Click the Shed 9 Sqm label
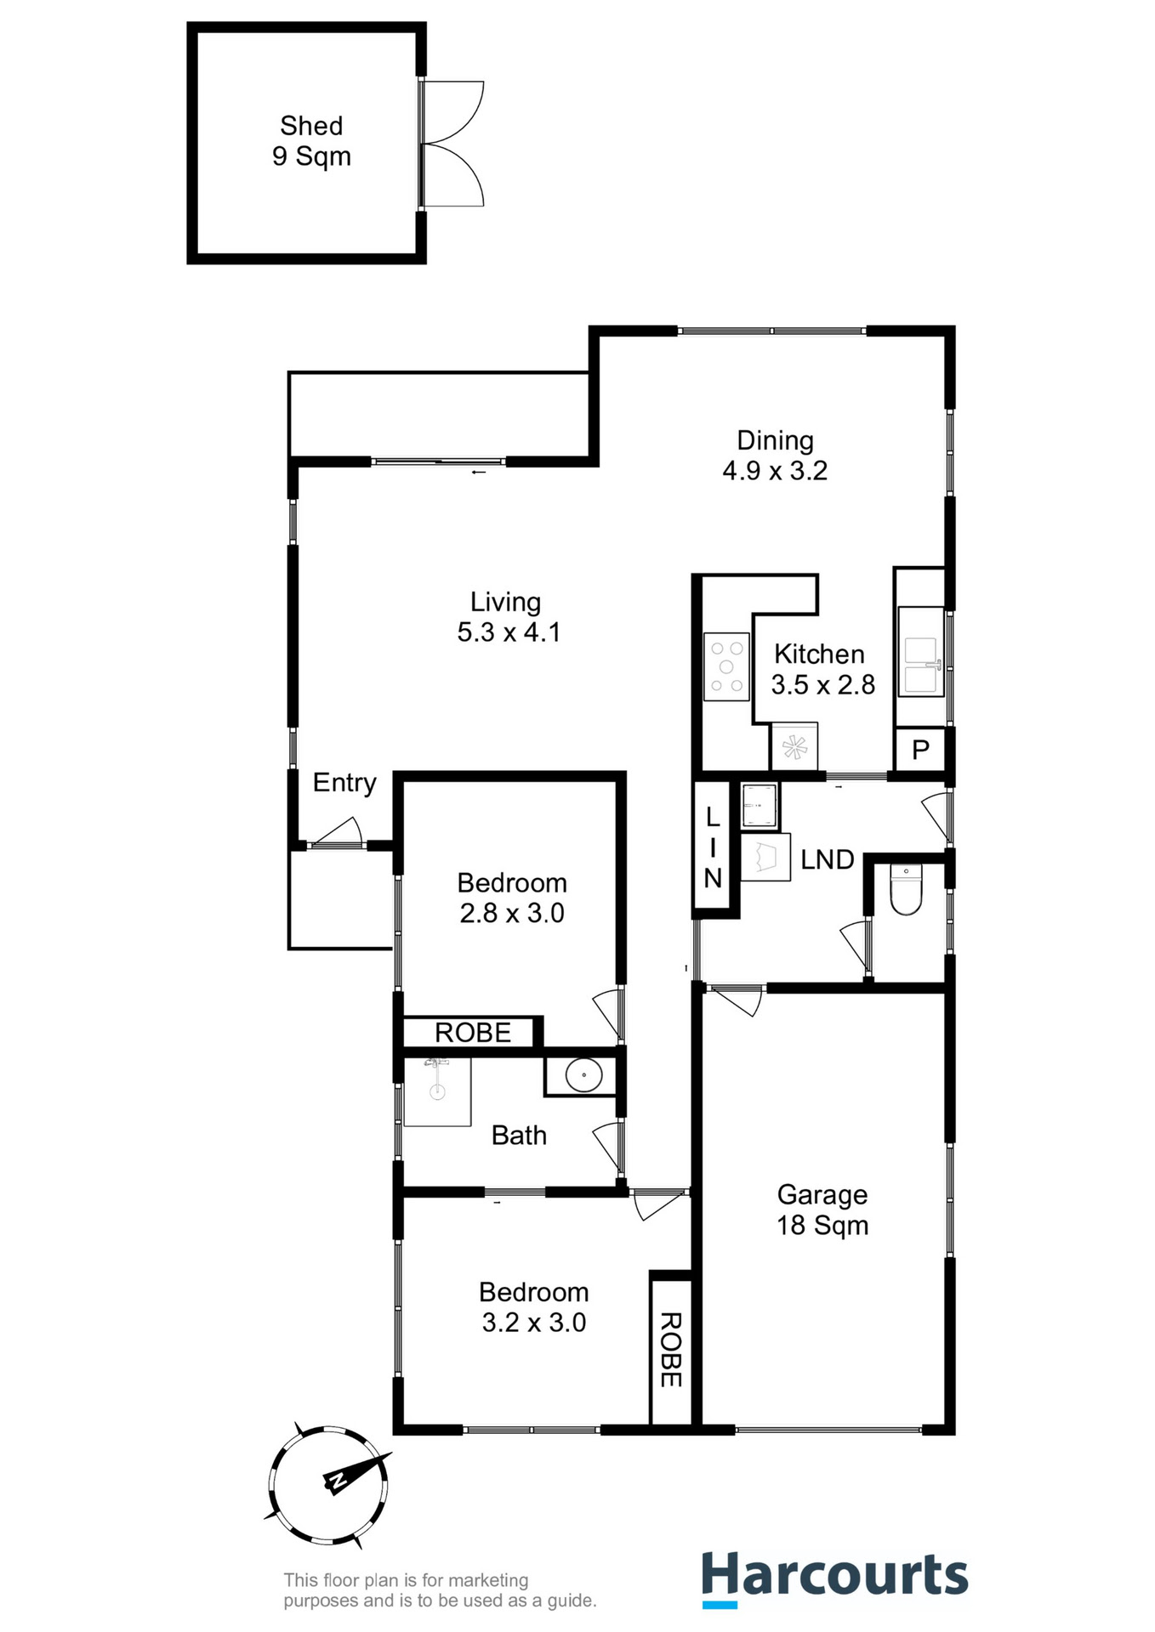click(311, 141)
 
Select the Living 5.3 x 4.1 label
click(508, 617)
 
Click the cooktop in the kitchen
click(726, 667)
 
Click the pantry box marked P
click(919, 750)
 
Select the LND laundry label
click(827, 859)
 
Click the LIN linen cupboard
click(713, 847)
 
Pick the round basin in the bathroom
click(583, 1075)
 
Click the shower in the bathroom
click(437, 1091)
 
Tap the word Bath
click(519, 1136)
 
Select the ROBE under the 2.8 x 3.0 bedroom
click(472, 1033)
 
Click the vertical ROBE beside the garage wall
click(671, 1350)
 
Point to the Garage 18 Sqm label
click(822, 1210)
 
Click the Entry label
click(344, 782)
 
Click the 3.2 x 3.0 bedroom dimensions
click(534, 1323)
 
